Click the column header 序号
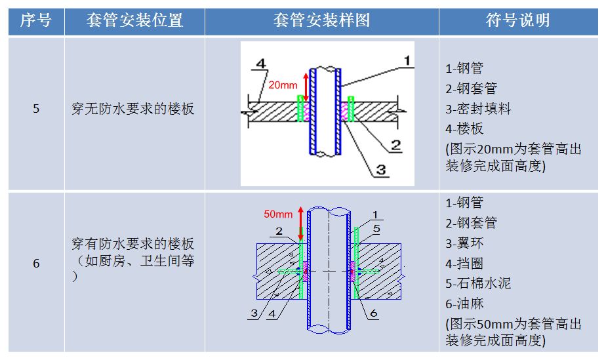36,20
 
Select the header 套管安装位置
134,20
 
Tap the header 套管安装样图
321,20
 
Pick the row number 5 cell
36,109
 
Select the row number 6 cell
36,264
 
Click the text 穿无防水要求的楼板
133,109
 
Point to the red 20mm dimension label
283,85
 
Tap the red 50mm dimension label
278,214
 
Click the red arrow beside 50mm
300,223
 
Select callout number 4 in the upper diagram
260,64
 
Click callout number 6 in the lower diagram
373,313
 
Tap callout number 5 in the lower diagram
376,228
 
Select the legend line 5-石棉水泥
477,283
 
